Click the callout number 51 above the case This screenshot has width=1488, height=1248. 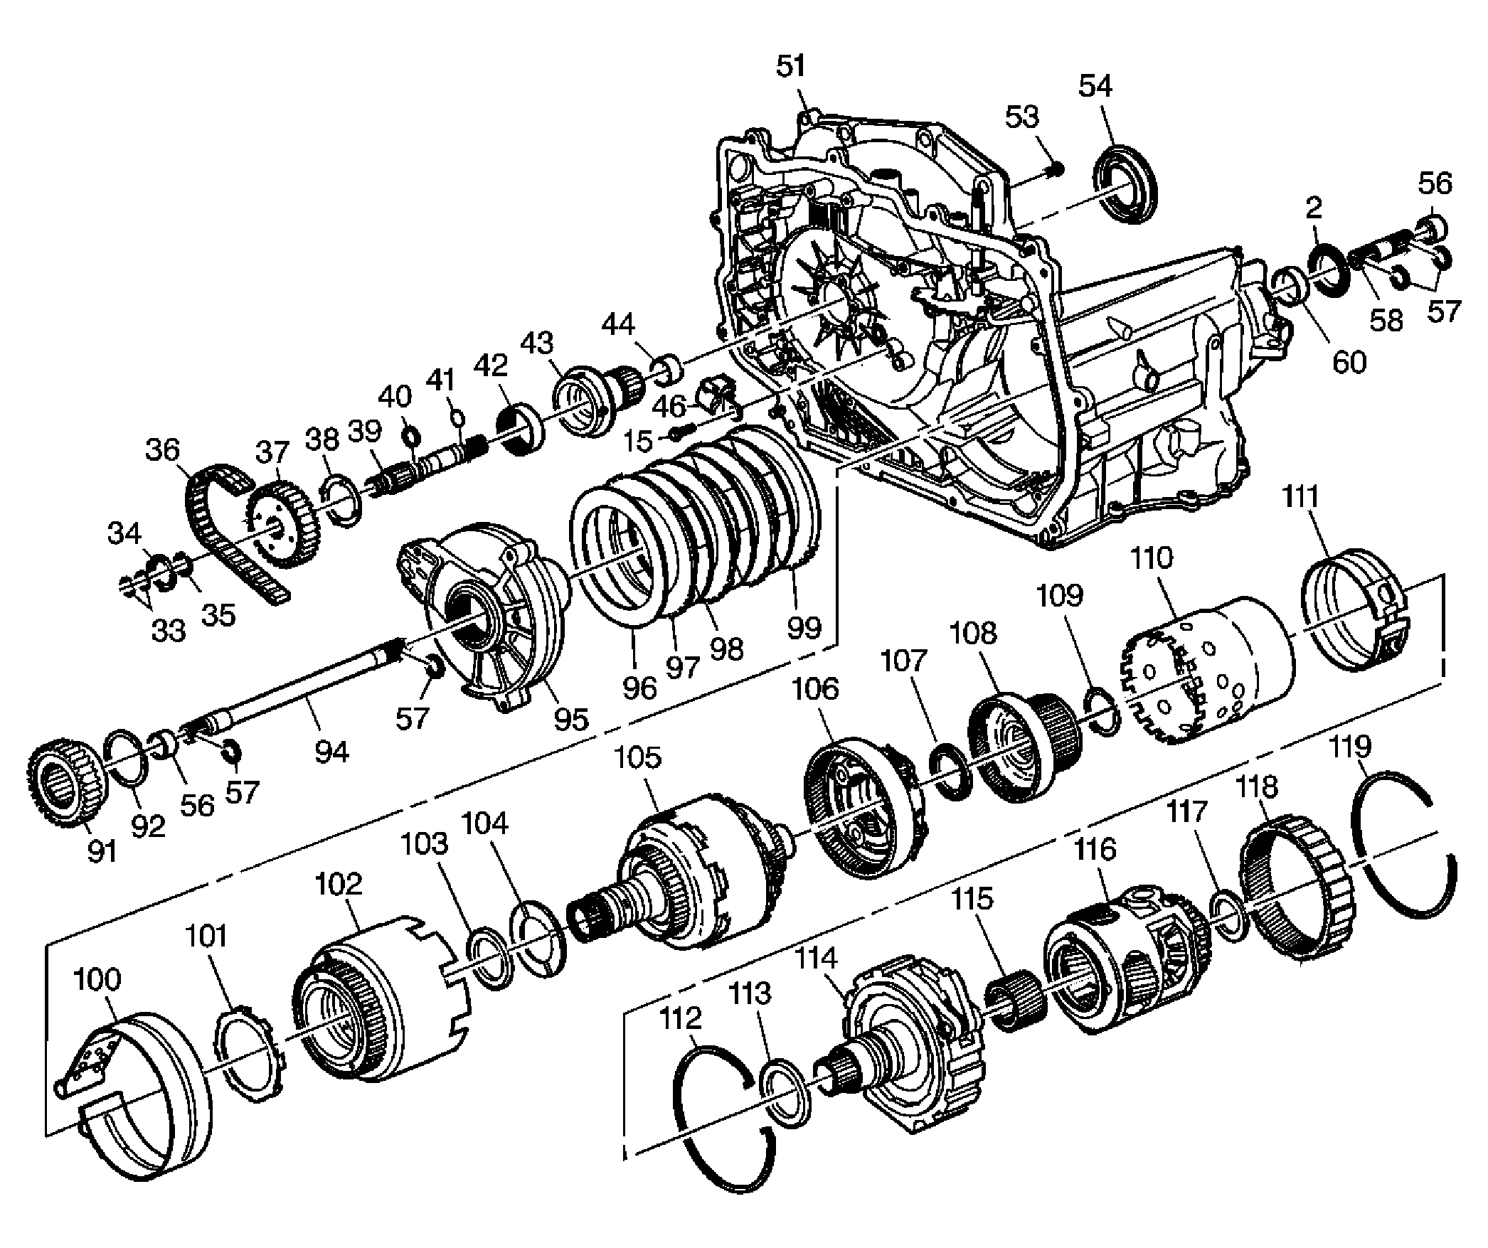(790, 67)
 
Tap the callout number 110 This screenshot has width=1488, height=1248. (1152, 559)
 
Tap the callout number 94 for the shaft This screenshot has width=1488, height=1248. (332, 752)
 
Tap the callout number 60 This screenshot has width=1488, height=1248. (1349, 363)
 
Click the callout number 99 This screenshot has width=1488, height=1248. (804, 627)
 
